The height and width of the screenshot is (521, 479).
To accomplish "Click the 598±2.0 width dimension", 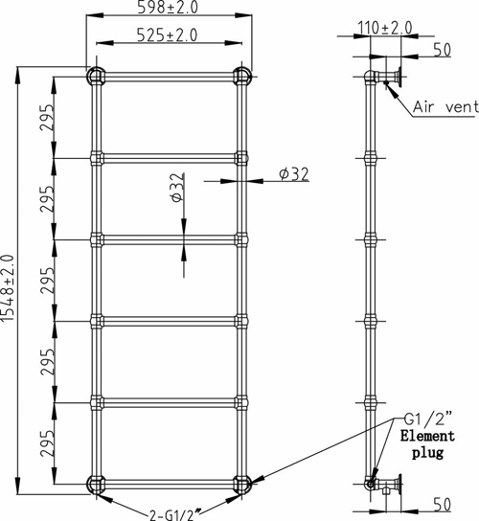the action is pos(168,8).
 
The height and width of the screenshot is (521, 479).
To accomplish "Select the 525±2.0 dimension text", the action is pos(168,34).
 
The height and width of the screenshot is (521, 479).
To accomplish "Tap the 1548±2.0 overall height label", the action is pos(8,288).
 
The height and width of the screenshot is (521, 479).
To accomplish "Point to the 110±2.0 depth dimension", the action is pos(384,28).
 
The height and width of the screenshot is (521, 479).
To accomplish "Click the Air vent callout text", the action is pos(445,107).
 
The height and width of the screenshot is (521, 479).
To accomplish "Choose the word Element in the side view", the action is pos(427,436).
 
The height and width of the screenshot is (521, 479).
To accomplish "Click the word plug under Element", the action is pos(428,453).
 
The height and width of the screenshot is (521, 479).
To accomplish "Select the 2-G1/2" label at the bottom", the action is pos(175,515).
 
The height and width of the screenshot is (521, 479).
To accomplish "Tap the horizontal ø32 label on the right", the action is pos(294,173).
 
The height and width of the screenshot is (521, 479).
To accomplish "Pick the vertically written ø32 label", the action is pos(176,188).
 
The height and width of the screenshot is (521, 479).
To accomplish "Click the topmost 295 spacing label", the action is pos(47,118).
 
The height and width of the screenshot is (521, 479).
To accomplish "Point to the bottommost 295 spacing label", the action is pos(47,444).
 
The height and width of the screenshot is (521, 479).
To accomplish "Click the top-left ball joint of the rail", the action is pos(96,76).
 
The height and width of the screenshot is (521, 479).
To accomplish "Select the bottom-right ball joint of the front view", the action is pos(242,484).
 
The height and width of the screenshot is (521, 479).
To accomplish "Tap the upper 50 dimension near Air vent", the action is pos(443,50).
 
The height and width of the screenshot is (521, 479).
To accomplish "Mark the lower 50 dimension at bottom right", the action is pos(443,505).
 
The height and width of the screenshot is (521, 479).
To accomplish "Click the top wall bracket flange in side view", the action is pos(399,77).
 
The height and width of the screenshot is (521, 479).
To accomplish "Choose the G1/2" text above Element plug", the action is pos(428,419).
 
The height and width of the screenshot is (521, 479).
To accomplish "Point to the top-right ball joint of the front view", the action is pos(242,76).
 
